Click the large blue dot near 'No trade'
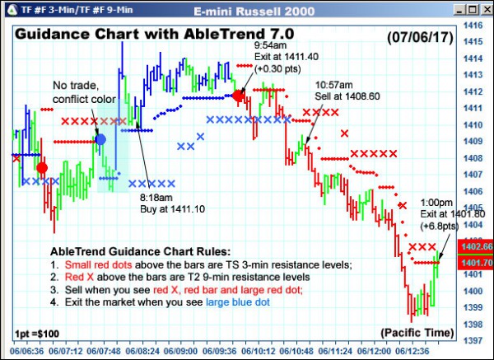100,140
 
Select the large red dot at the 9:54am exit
238,96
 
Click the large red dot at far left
42,168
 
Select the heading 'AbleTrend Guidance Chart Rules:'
141,251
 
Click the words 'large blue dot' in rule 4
239,302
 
